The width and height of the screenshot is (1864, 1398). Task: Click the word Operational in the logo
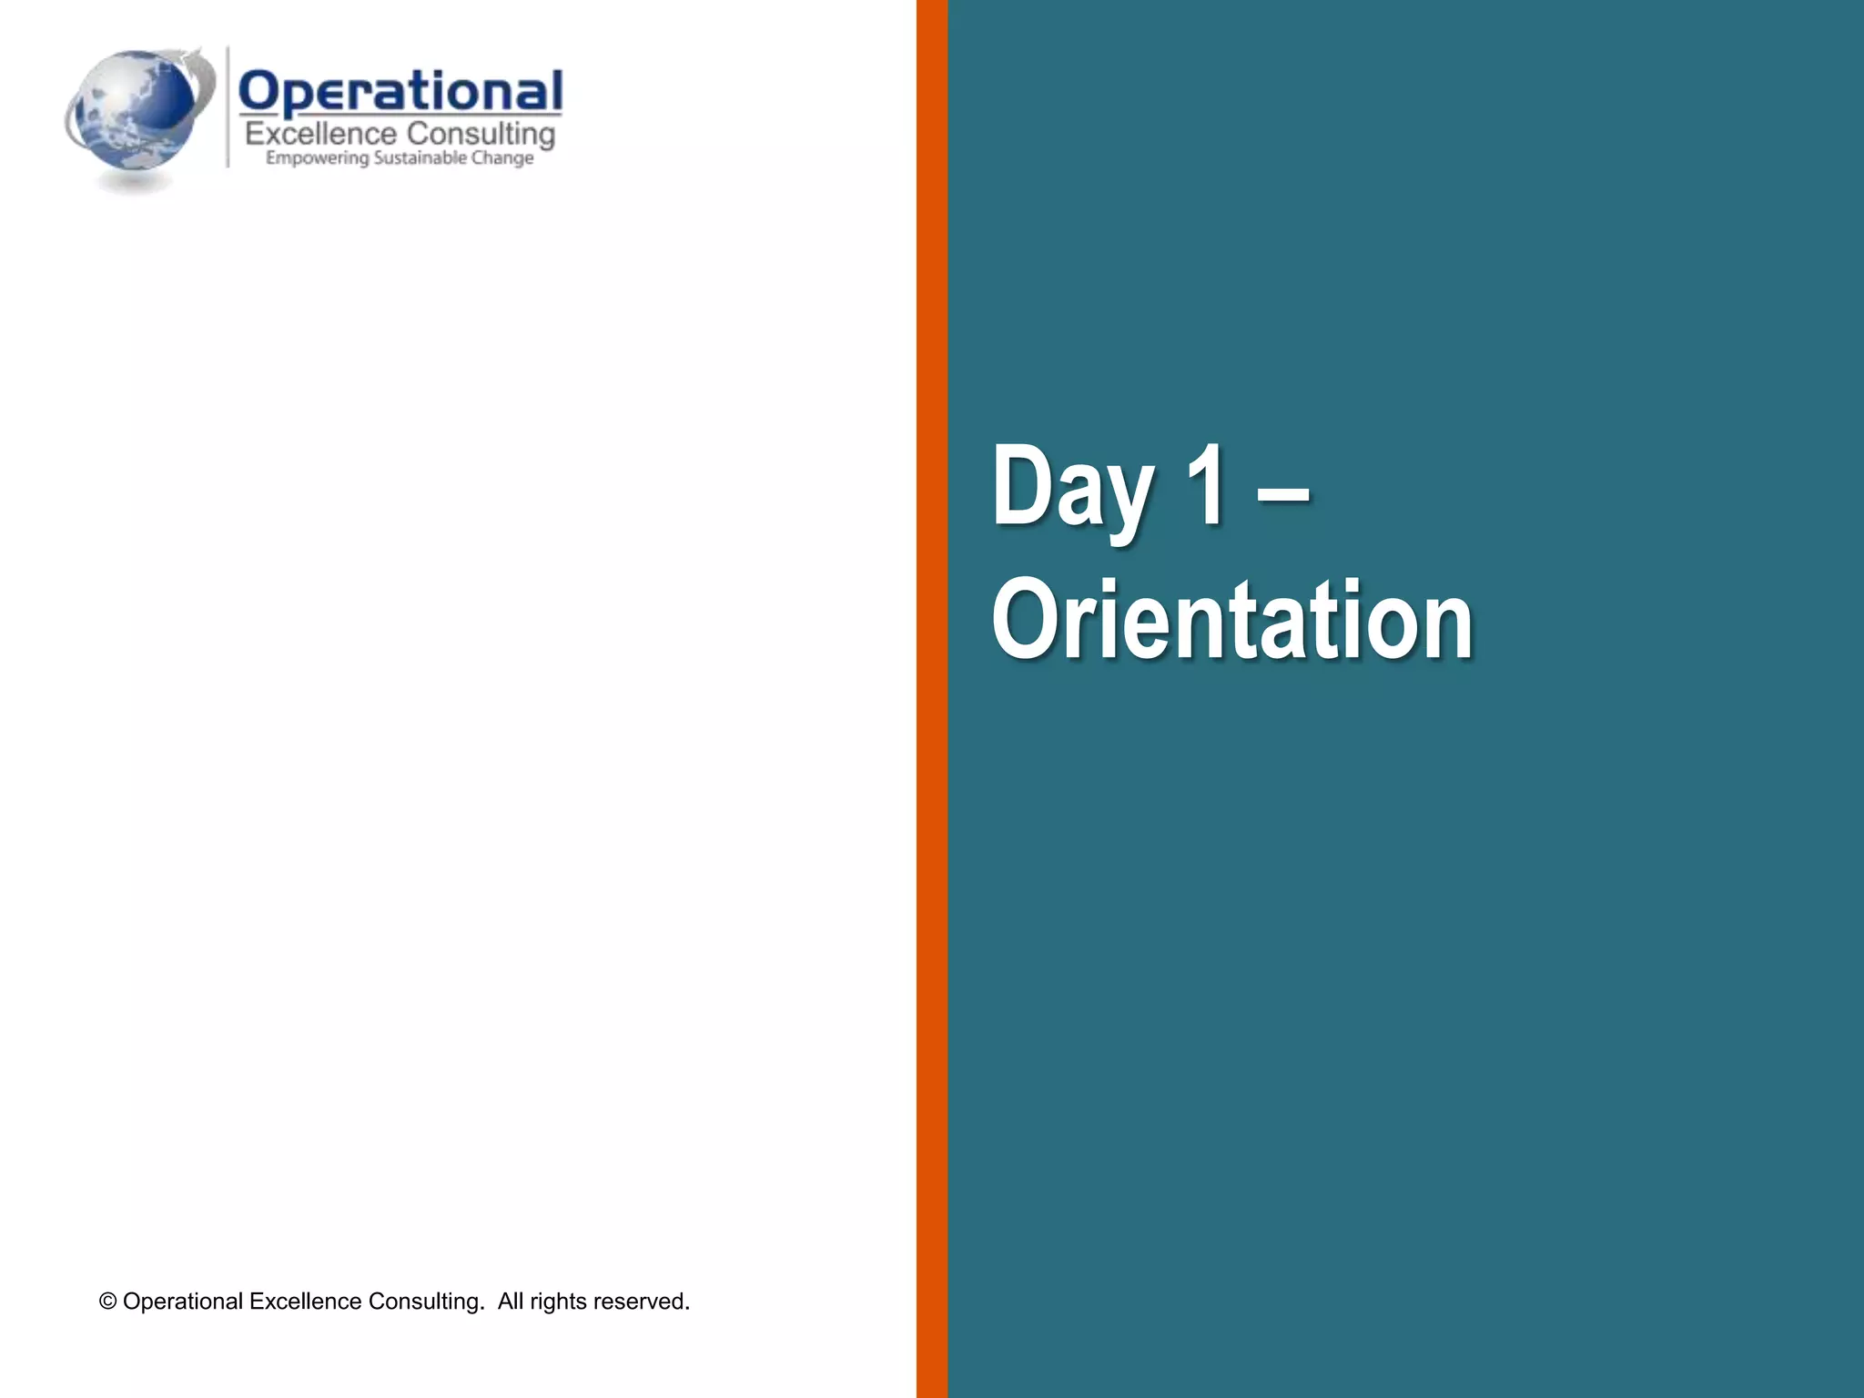click(400, 93)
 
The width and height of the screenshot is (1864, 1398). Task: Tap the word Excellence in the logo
click(321, 135)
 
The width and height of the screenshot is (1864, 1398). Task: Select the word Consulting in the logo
click(481, 135)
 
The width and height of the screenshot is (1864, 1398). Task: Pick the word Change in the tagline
click(502, 158)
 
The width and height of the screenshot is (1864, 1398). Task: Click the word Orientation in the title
click(1232, 621)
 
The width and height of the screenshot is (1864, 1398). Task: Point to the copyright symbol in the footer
click(108, 1302)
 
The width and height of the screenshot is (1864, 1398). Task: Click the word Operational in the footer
click(183, 1302)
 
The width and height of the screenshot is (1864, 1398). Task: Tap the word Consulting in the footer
click(425, 1302)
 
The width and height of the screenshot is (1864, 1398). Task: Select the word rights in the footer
click(558, 1302)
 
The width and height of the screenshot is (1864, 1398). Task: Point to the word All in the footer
click(511, 1302)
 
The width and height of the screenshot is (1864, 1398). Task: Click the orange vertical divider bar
click(932, 699)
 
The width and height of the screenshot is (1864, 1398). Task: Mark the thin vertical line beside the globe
click(228, 107)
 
